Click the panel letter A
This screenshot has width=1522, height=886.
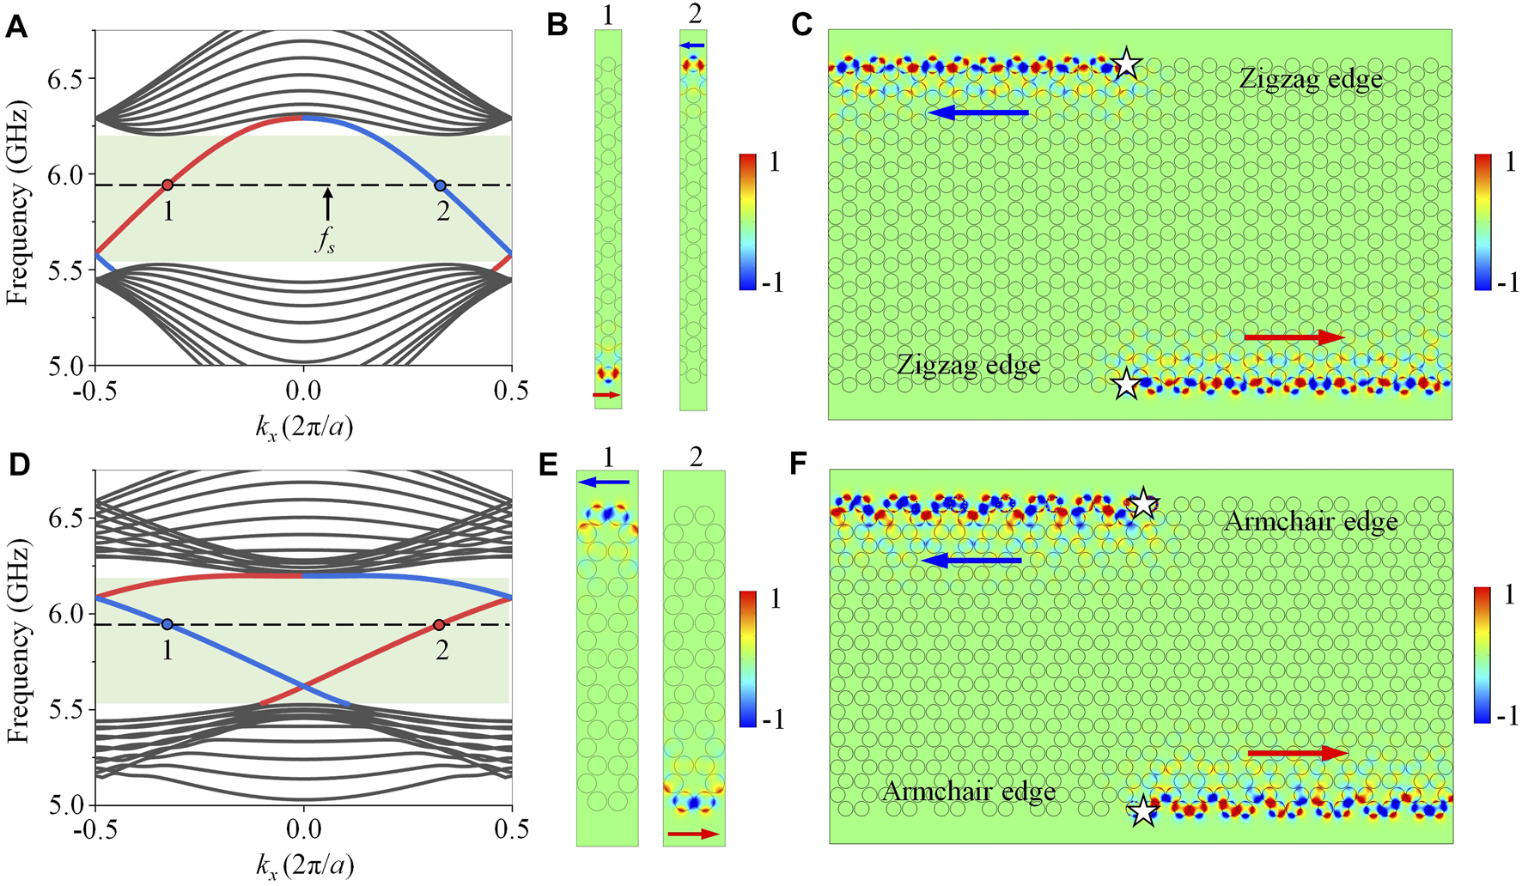(x=16, y=28)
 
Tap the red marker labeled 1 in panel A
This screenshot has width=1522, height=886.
(x=168, y=185)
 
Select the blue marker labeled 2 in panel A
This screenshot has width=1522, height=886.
(x=441, y=185)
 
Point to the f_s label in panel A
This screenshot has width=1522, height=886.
(x=325, y=241)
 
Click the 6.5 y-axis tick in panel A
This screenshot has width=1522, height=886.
(x=68, y=79)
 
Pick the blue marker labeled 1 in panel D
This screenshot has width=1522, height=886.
(x=167, y=624)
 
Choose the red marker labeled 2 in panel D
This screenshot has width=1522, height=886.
(x=440, y=624)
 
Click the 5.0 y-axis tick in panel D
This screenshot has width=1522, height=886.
(x=68, y=805)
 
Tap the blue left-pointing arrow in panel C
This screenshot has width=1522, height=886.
(x=978, y=112)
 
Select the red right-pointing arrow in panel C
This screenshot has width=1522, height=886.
(x=1294, y=337)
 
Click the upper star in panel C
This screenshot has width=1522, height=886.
(x=1127, y=64)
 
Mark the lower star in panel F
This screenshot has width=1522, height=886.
(x=1142, y=811)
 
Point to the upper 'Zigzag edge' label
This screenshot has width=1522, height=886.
(x=1311, y=80)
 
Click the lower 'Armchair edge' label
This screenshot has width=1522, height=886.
(x=969, y=791)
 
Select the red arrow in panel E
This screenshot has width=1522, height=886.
(x=694, y=833)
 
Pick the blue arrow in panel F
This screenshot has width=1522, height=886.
(x=971, y=561)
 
